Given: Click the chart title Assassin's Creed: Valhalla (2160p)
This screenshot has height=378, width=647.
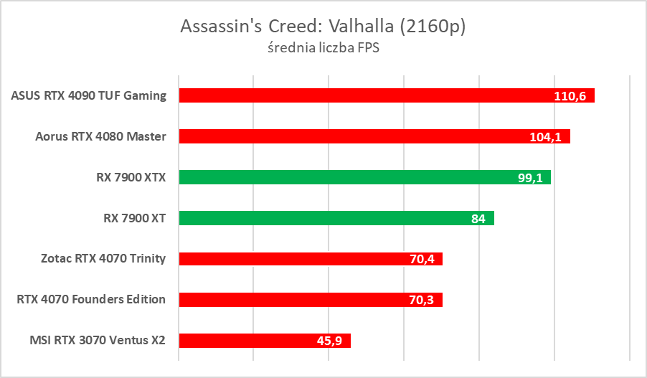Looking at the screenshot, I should tap(323, 27).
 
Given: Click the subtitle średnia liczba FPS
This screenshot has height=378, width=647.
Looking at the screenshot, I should tap(323, 49).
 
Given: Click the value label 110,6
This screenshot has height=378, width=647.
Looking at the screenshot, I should tap(571, 96).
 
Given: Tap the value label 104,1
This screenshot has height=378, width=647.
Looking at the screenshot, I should tap(547, 137).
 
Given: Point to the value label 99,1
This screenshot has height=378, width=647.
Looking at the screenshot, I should tap(530, 178).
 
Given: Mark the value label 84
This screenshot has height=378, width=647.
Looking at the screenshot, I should tap(478, 219).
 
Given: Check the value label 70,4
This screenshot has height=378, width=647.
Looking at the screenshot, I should tap(422, 260).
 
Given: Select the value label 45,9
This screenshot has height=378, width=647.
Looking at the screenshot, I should tap(330, 341).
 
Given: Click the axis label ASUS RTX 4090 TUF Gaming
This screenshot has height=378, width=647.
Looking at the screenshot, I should tap(89, 95).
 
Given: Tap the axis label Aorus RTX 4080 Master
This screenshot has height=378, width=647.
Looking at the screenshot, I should tap(100, 136).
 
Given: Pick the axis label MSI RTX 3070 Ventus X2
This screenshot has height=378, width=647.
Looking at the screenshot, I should tap(92, 341).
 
